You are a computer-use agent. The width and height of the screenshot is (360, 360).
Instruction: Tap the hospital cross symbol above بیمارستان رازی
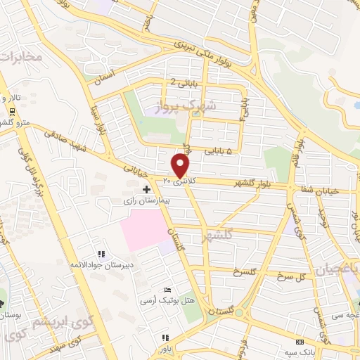click(x=146, y=189)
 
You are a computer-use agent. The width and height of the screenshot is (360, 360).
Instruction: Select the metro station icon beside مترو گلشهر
click(x=12, y=113)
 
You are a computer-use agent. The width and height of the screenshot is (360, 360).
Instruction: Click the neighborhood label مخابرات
click(x=20, y=56)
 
